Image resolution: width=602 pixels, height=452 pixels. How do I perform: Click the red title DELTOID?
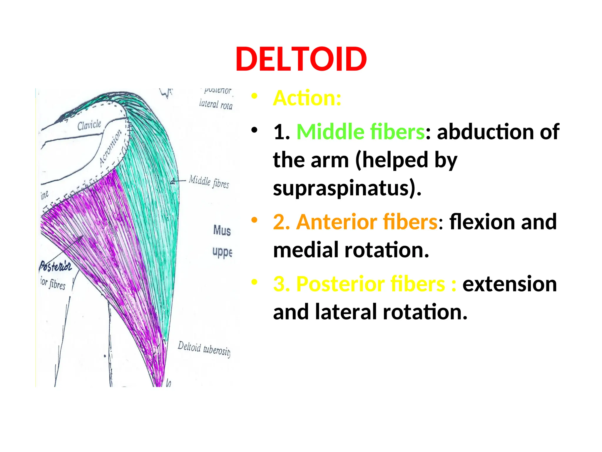[301, 59]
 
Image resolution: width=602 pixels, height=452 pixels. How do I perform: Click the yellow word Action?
[307, 98]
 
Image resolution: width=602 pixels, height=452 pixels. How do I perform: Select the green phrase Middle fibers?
[360, 132]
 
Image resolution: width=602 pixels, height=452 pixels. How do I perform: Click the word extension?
[509, 284]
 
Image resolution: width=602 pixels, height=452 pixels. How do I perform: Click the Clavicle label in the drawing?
[89, 125]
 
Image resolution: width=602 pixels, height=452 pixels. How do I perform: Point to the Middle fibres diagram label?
[209, 181]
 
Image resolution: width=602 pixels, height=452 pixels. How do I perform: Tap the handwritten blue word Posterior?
[55, 266]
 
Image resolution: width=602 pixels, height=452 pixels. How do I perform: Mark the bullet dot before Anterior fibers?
[254, 220]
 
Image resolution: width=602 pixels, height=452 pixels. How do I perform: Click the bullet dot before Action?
[254, 96]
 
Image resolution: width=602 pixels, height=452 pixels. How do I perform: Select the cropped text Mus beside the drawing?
[222, 230]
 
